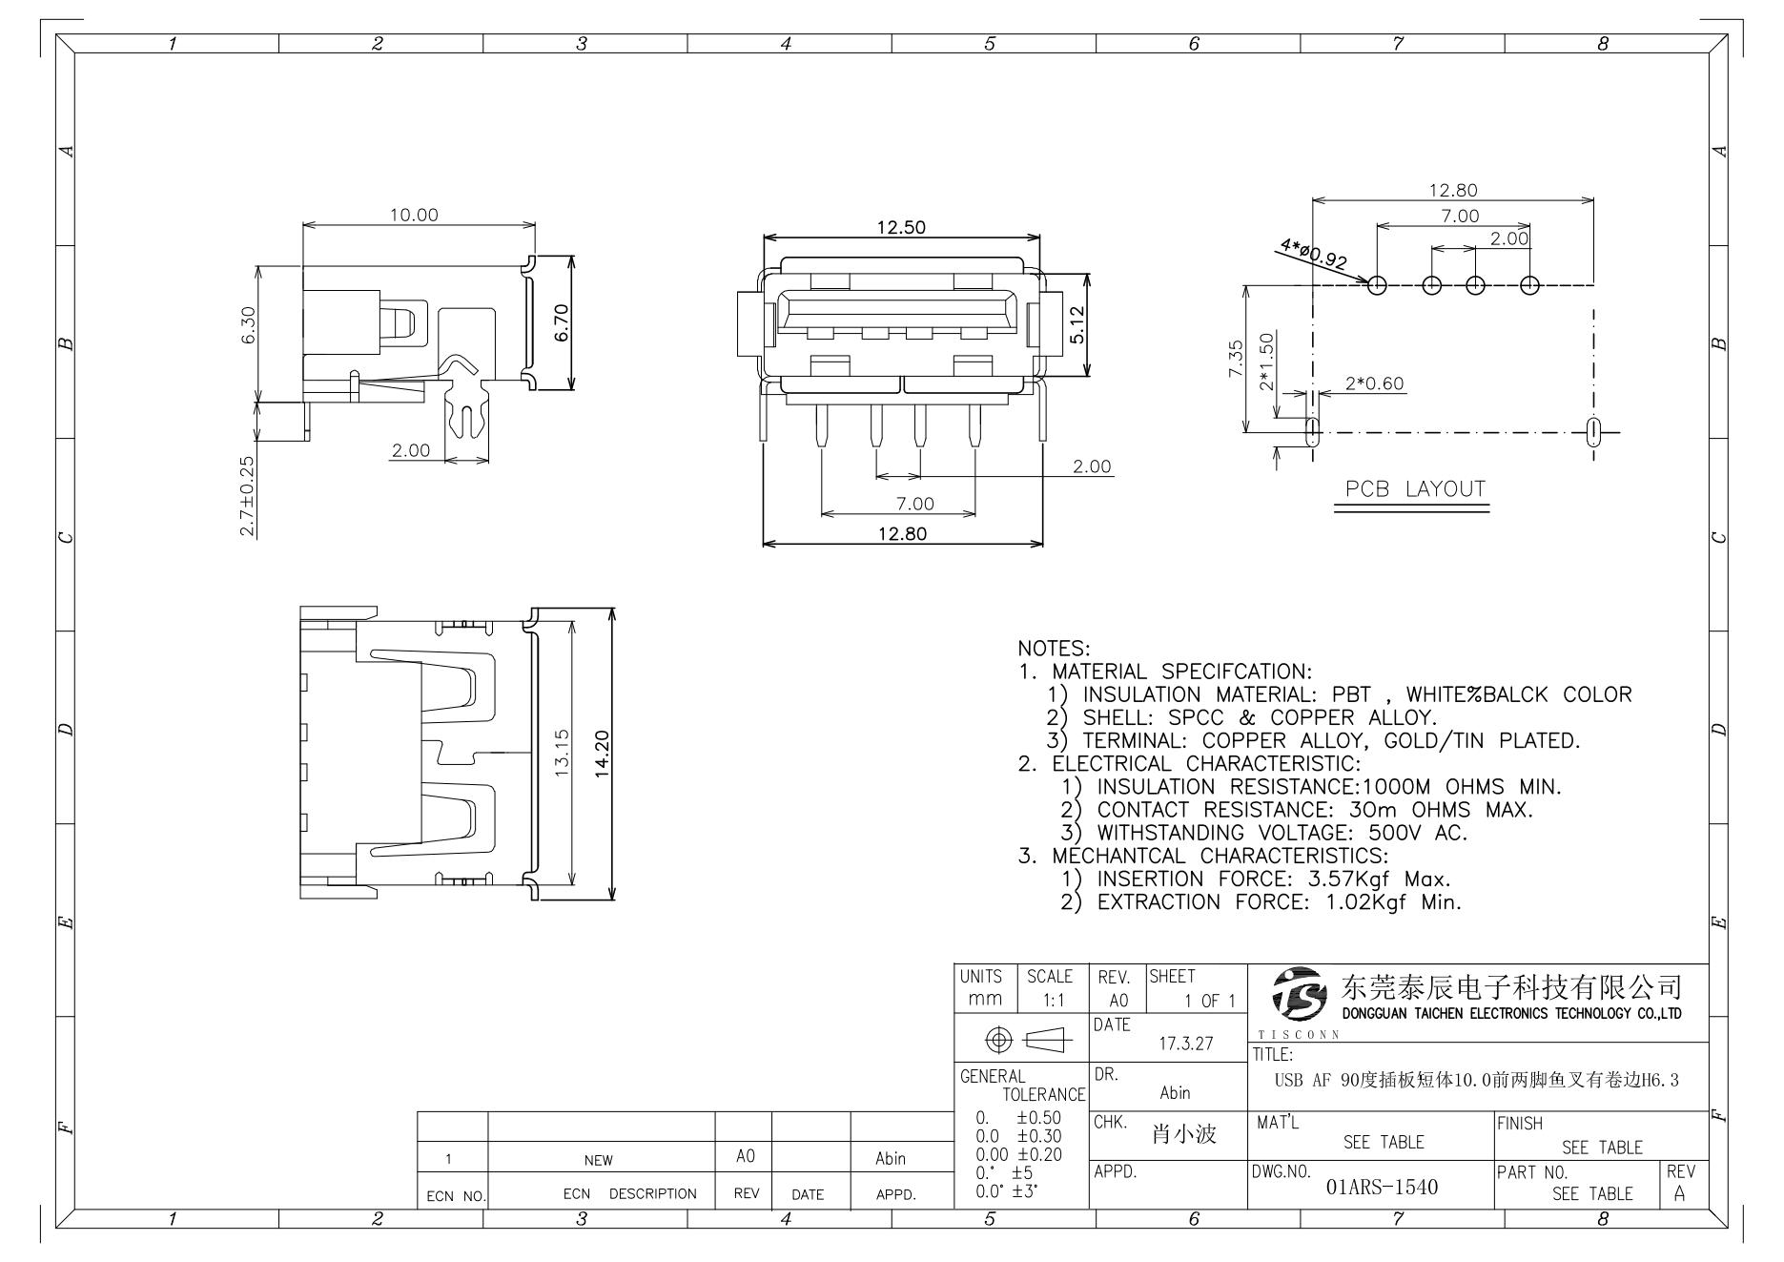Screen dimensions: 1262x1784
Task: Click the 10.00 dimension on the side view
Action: (414, 215)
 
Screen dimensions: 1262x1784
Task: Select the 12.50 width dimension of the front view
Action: (901, 227)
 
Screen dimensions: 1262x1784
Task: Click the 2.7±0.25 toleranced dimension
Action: (247, 494)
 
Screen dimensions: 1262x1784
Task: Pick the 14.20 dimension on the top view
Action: (602, 754)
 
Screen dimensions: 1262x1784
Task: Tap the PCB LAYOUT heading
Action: (1415, 489)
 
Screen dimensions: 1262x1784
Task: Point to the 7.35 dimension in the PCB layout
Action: (1235, 359)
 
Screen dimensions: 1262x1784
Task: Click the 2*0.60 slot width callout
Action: (1374, 383)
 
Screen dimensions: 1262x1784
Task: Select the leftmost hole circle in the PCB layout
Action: (1377, 284)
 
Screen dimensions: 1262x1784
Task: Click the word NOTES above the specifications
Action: (1054, 649)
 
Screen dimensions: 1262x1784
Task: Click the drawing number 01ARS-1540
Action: (1382, 1188)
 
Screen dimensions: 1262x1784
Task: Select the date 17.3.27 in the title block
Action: (1185, 1044)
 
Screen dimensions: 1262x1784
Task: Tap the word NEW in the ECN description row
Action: (599, 1160)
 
